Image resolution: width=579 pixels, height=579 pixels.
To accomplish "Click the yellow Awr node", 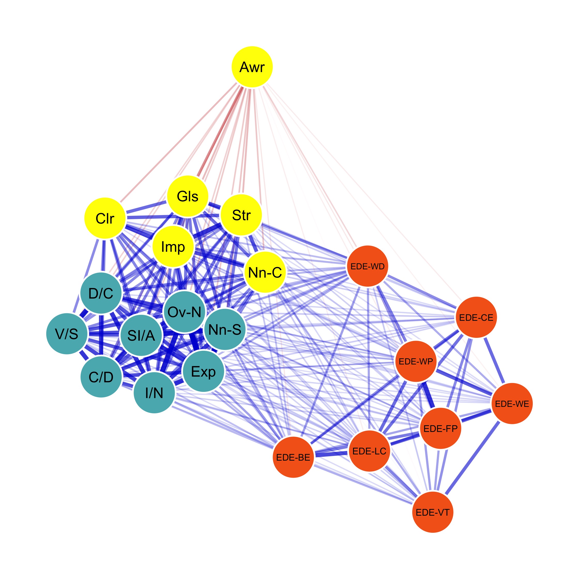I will coord(252,67).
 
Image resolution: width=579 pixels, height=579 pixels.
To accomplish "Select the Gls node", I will coord(188,196).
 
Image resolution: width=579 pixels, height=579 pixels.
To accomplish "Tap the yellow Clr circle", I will coord(105,218).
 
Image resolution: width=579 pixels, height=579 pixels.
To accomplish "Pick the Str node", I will coord(241,215).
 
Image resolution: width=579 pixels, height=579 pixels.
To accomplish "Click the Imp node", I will coord(173,247).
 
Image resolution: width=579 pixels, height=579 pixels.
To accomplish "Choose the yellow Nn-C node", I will coord(265,272).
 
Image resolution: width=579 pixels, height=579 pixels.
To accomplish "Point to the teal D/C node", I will coord(101,293).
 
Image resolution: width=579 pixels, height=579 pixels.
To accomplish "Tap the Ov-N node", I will coord(185,312).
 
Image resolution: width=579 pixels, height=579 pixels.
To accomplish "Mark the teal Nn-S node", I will coord(225,329).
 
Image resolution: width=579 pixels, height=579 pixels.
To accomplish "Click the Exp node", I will coord(203,372).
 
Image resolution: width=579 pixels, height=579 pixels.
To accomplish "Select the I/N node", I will coord(154,393).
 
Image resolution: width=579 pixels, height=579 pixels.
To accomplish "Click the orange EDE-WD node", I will coord(367,266).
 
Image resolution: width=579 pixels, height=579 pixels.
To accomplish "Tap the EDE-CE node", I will coord(476,317).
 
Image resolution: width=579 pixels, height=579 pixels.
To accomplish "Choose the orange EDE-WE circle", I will coord(512,404).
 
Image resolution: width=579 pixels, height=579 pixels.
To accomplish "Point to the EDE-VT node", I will coord(433,512).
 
